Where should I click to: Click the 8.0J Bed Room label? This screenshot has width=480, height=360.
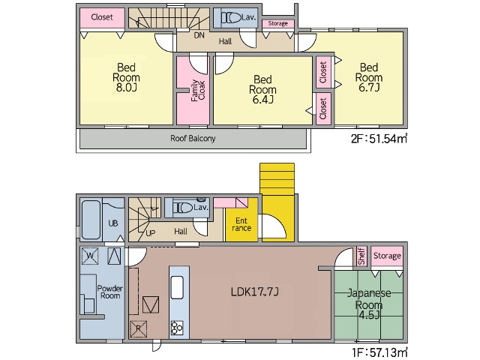click(126, 77)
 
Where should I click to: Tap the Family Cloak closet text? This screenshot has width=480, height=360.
click(198, 90)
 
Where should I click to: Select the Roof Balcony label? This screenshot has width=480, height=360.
click(193, 138)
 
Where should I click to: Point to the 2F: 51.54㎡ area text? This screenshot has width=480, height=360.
click(379, 139)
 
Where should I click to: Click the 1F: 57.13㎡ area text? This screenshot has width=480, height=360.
click(379, 352)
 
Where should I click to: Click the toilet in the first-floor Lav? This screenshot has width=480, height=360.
click(183, 208)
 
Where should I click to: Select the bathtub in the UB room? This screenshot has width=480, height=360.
click(91, 220)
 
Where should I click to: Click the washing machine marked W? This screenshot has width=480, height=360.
click(90, 256)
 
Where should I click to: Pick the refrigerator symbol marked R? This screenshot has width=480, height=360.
click(138, 329)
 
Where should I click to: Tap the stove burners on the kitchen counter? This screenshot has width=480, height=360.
click(177, 328)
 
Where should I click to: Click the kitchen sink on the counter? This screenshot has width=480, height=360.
click(177, 287)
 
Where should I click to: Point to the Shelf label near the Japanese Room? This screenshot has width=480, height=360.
click(361, 256)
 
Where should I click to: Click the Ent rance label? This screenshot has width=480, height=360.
click(241, 224)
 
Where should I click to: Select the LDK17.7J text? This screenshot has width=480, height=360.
click(255, 292)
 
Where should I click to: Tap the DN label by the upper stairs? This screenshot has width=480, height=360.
click(199, 35)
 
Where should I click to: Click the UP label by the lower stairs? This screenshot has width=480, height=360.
click(150, 233)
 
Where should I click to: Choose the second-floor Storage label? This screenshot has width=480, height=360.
click(278, 23)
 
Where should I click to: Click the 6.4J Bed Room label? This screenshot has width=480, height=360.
click(262, 89)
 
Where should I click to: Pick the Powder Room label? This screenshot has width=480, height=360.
click(110, 292)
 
